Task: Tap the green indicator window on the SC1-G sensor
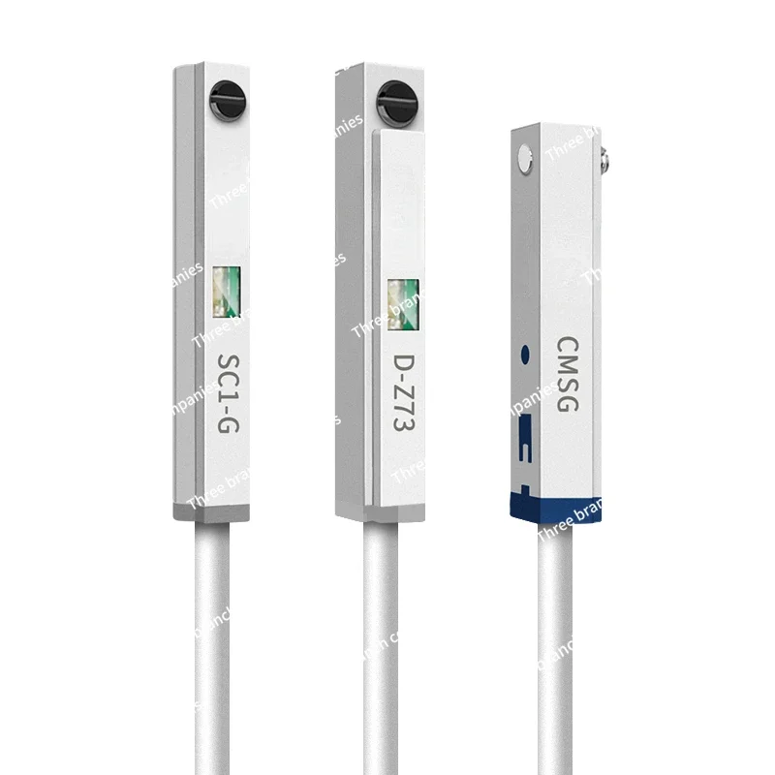coord(226,291)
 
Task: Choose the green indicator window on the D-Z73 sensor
coord(402,295)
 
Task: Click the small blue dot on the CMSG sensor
coord(525,356)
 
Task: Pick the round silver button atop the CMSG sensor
coord(524,155)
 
